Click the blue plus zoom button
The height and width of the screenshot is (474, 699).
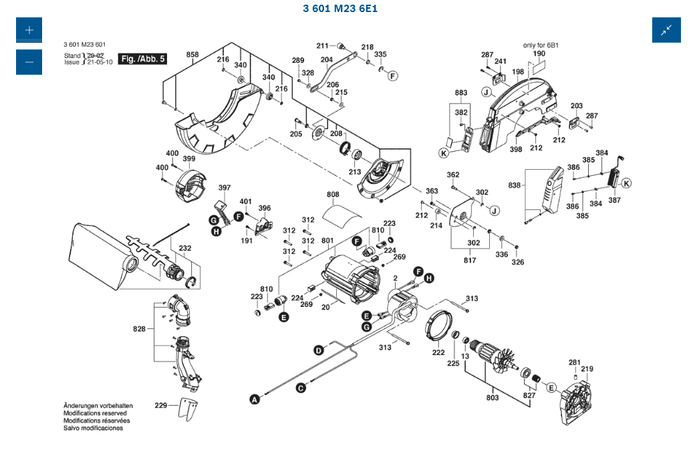(29, 30)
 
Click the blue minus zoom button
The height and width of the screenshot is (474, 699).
(29, 62)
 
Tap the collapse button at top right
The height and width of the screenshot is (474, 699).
(666, 30)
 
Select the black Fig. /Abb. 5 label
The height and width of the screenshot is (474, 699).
(142, 59)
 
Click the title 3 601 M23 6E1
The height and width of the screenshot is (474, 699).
(340, 9)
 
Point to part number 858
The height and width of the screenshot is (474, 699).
(192, 54)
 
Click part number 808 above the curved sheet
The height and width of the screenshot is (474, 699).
(333, 195)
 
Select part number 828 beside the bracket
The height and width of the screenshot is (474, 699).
(139, 329)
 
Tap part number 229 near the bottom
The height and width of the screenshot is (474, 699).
(161, 405)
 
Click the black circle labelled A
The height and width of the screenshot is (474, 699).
(255, 400)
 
